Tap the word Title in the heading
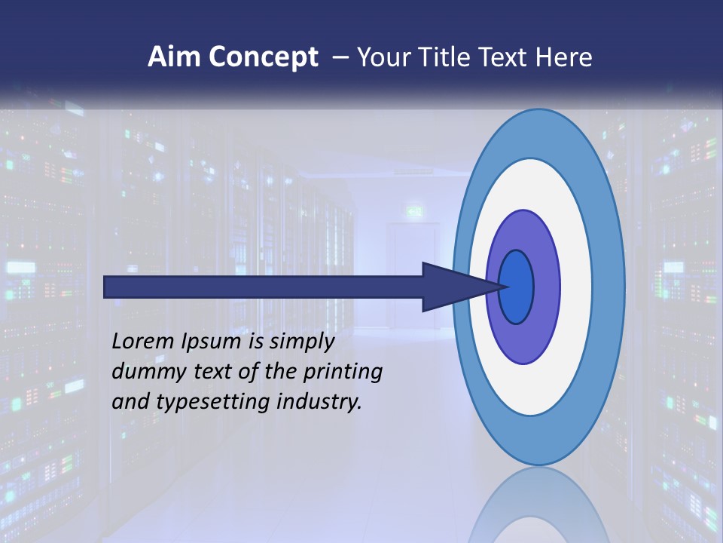[446, 57]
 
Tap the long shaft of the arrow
[264, 287]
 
